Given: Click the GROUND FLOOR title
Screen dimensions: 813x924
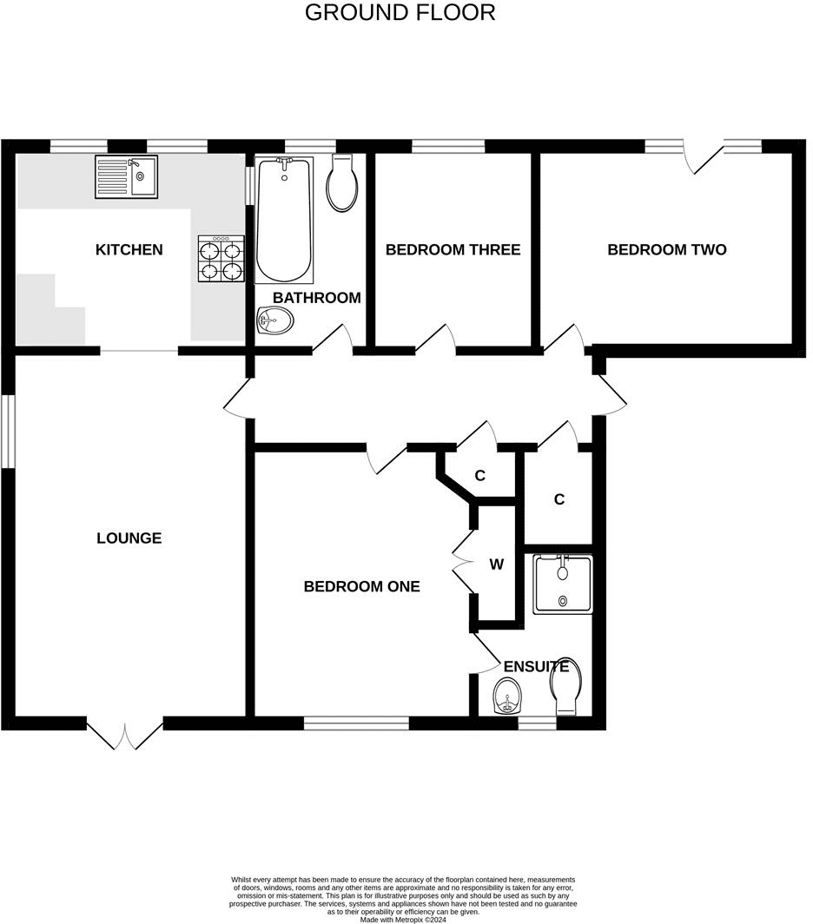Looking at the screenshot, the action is coord(400,12).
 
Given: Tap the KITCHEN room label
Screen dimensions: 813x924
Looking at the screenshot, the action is coord(129,250).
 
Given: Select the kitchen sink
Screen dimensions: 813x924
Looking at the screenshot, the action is coord(126,176).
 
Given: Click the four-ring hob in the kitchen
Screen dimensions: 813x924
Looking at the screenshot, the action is coord(221,258).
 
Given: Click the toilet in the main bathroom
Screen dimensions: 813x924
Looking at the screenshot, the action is coord(342,182).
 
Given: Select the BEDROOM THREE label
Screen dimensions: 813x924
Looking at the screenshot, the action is coord(453,250).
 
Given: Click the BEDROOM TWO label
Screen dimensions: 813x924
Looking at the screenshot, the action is coord(667,250).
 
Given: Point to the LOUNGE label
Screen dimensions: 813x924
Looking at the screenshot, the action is coord(129,538).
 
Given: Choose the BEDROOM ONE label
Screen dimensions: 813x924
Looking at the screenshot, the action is coord(362,586).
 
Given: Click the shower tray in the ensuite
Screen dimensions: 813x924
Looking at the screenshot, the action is coord(563,584).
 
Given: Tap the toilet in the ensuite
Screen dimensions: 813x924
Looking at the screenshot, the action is coord(565,687).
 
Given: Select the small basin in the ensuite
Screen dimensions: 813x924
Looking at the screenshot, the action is coord(507,696).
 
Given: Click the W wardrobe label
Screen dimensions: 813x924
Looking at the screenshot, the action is coord(497,564).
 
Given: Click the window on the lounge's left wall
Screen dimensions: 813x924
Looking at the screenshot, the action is coord(8,432).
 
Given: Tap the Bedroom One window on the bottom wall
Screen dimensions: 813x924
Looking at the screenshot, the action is coord(356,723).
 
